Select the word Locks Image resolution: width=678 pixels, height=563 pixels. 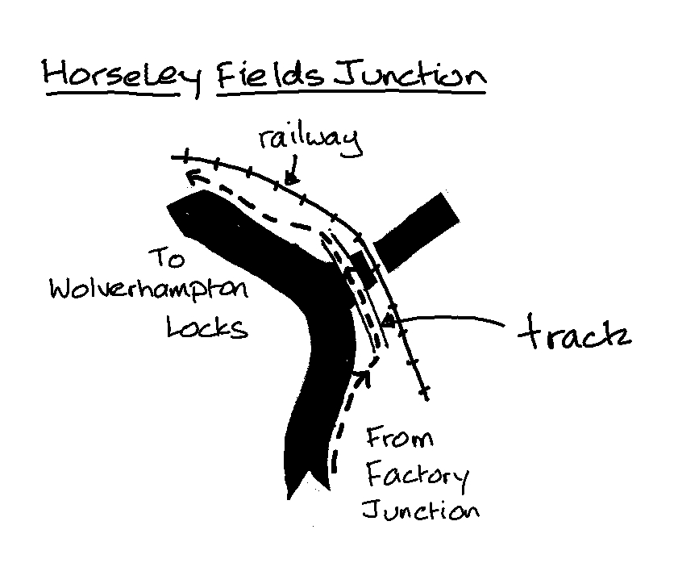pyautogui.click(x=206, y=327)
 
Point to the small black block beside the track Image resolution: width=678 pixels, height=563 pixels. pyautogui.click(x=363, y=267)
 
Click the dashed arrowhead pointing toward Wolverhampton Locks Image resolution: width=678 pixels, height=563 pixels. pyautogui.click(x=190, y=176)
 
